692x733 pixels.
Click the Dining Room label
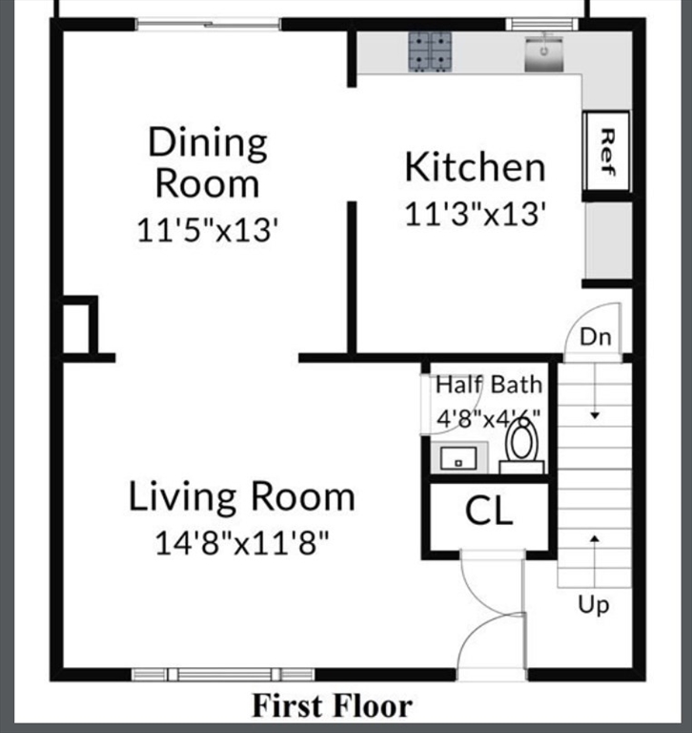(208, 162)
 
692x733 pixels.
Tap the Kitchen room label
(475, 167)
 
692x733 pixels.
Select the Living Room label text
(242, 497)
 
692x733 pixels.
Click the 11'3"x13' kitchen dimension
(475, 215)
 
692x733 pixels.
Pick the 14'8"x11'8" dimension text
(242, 544)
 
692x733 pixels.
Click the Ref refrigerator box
(606, 151)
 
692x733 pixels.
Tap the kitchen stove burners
(431, 52)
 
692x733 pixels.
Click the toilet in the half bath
(521, 445)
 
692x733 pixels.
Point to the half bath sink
(458, 459)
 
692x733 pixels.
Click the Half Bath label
(489, 385)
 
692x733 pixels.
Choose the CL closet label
(489, 512)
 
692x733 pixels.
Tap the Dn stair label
(595, 337)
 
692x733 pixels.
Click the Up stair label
(593, 605)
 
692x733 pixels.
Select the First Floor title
(332, 706)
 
